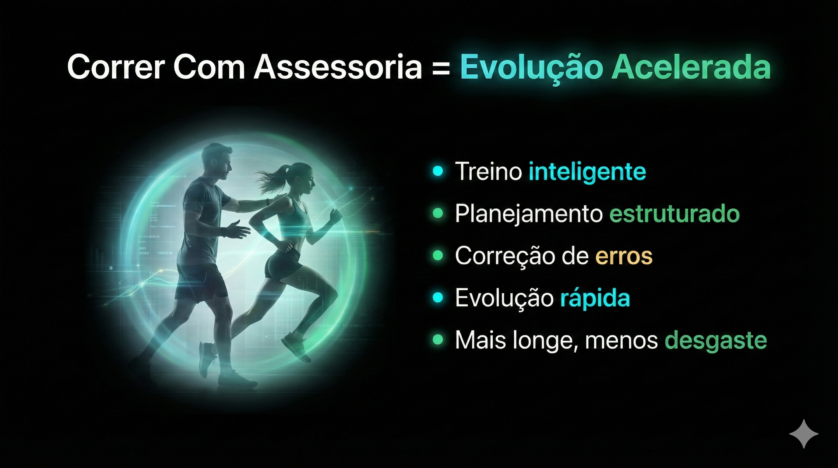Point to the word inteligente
tap(587, 172)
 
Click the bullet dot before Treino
tap(438, 171)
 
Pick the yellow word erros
tap(624, 256)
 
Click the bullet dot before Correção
tap(438, 256)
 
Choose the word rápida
tap(595, 298)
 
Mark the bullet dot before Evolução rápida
tap(438, 298)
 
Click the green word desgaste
tap(716, 341)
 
